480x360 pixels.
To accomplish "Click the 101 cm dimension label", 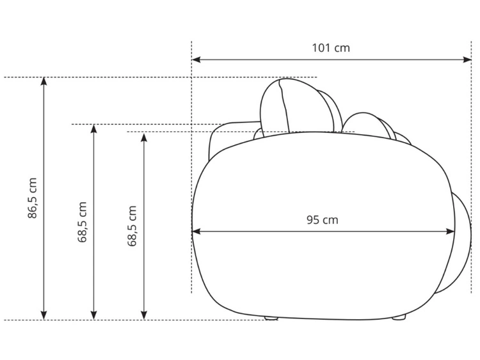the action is pos(331,48).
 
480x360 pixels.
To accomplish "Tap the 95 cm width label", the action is pos(323,220).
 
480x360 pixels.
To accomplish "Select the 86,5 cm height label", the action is pos(32,198).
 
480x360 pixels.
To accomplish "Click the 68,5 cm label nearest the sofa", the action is pos(132,226).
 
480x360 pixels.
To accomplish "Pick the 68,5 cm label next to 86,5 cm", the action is pos(82,222).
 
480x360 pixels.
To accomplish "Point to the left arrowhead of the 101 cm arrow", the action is pos(196,59).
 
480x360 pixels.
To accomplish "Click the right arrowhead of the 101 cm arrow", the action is pos(467,59).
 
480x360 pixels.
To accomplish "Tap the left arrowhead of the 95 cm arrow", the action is pos(196,231).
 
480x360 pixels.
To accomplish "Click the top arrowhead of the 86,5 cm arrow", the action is pos(44,81).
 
